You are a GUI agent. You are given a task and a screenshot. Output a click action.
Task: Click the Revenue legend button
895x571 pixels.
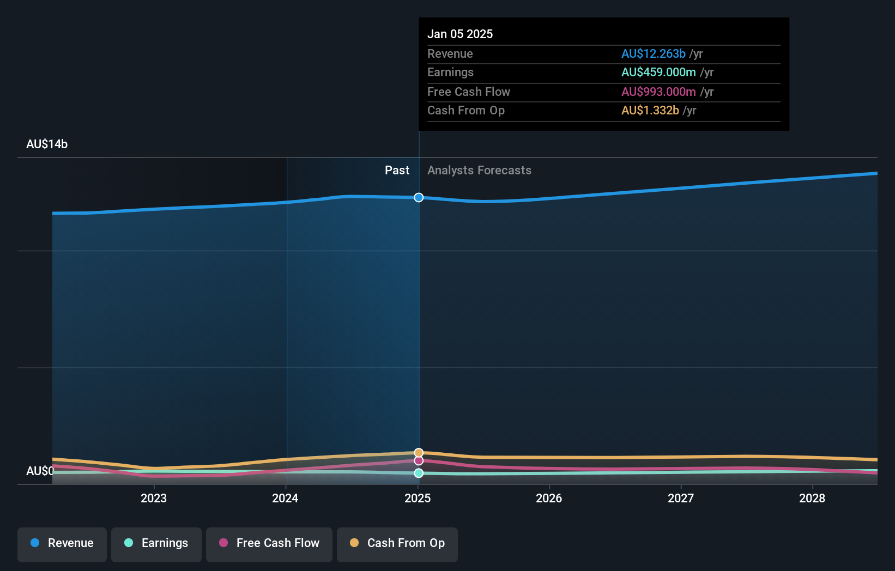(x=62, y=543)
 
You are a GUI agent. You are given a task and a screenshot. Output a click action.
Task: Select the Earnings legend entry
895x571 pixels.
(x=156, y=543)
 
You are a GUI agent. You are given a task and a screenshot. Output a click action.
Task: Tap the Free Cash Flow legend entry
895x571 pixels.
(x=269, y=543)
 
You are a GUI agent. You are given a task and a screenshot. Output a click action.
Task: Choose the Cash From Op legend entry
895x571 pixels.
(x=397, y=543)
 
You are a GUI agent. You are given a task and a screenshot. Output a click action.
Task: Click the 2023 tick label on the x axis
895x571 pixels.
(x=154, y=498)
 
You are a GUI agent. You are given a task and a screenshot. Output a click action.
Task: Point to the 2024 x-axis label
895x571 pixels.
(x=285, y=498)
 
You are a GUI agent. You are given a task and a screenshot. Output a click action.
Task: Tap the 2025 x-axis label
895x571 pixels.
(x=418, y=498)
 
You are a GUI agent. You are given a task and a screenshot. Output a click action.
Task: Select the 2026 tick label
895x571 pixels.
(x=549, y=498)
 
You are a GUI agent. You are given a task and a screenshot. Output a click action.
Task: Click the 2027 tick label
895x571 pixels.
(x=681, y=498)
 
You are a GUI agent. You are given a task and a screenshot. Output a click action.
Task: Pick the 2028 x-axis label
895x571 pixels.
(x=812, y=498)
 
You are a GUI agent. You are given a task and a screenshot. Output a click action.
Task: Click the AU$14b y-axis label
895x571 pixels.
(x=47, y=144)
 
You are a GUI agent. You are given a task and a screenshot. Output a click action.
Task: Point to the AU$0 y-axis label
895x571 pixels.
(x=40, y=471)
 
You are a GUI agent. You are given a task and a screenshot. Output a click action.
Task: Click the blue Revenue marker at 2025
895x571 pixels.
(x=419, y=197)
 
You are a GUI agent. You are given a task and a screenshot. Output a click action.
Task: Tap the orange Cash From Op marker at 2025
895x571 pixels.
(x=419, y=453)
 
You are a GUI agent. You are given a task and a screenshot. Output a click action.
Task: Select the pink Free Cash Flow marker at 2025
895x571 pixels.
(x=419, y=461)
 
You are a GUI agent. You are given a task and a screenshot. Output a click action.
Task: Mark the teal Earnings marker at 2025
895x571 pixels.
(x=419, y=473)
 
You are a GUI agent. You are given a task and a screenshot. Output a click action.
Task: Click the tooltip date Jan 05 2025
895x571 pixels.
(x=460, y=34)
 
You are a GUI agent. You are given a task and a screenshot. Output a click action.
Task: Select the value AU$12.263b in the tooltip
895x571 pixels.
(x=653, y=53)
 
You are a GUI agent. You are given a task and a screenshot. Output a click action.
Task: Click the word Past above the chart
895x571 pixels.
(x=397, y=170)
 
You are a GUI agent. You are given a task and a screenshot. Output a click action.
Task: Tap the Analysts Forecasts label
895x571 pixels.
(x=479, y=170)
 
